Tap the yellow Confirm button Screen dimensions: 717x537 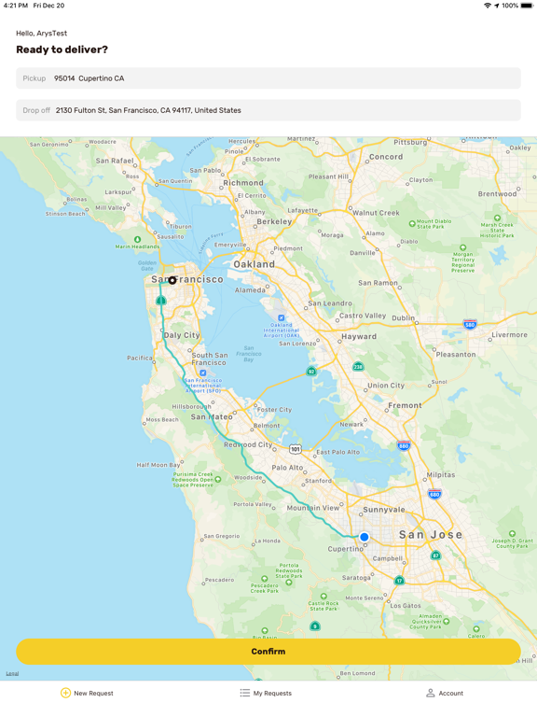click(268, 652)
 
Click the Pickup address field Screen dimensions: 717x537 click(268, 78)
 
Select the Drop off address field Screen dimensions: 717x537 click(268, 110)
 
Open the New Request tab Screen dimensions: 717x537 click(87, 693)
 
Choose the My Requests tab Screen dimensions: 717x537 click(266, 693)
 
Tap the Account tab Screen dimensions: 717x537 click(445, 693)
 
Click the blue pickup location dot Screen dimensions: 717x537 click(365, 537)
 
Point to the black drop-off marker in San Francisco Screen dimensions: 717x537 click(172, 280)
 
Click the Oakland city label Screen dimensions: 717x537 click(254, 264)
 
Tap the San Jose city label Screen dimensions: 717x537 click(431, 534)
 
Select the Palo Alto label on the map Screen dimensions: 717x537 click(287, 468)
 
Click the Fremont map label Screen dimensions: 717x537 click(405, 405)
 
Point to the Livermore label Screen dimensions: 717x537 click(509, 335)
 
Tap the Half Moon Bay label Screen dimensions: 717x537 click(158, 465)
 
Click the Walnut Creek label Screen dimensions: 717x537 click(377, 213)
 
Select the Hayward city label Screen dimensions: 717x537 click(359, 336)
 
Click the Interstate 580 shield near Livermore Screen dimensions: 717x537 click(470, 325)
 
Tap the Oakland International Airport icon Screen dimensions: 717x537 click(281, 318)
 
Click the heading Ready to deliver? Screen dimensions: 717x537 click(62, 49)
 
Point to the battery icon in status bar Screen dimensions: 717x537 click(527, 6)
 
